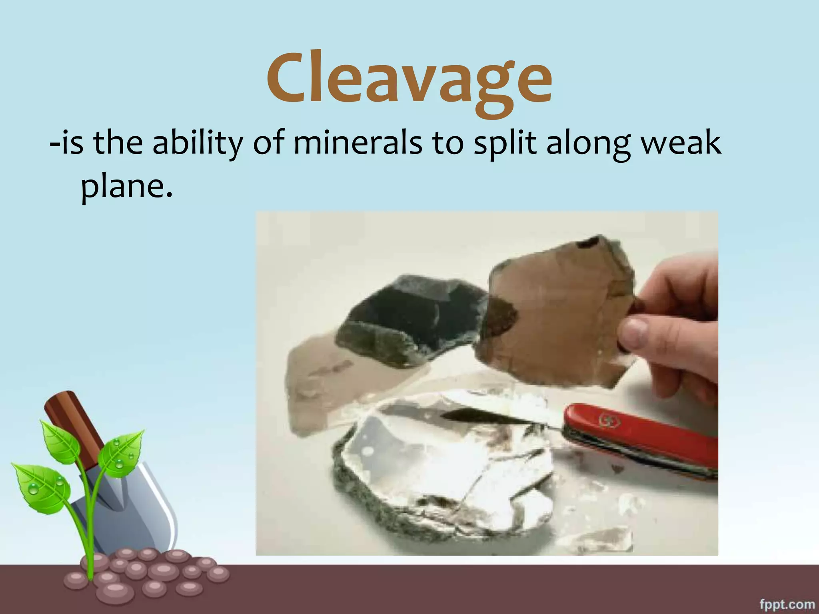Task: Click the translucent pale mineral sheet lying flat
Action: [x=316, y=384]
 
